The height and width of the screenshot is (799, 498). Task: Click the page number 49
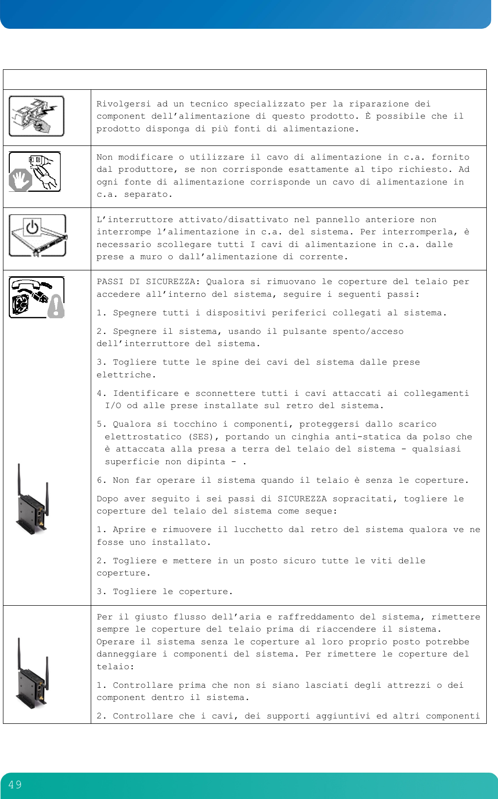15,785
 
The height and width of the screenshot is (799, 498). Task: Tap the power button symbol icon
32,227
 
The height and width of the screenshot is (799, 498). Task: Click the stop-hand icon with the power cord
35,172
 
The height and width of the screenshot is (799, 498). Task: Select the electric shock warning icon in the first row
37,116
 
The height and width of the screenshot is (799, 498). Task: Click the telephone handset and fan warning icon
37,297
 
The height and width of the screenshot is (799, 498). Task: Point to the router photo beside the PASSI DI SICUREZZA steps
33,499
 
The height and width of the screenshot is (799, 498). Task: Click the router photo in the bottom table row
33,673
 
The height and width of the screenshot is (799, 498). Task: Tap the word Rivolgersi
123,104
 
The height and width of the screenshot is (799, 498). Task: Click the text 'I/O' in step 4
113,406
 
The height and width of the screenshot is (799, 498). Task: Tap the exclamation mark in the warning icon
57,307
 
